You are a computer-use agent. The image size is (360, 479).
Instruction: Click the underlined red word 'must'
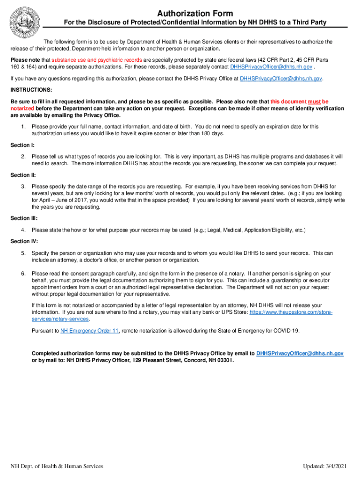coord(314,102)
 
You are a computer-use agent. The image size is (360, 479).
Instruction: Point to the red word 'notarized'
coord(22,109)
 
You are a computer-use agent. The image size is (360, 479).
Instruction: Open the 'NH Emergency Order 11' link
coord(89,331)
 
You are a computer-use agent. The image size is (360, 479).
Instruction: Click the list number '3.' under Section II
coord(23,186)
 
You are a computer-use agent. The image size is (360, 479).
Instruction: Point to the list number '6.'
coord(23,273)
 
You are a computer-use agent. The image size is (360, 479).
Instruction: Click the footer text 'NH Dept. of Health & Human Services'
coord(57,466)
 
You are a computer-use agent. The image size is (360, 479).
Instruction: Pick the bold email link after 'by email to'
coord(300,354)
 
